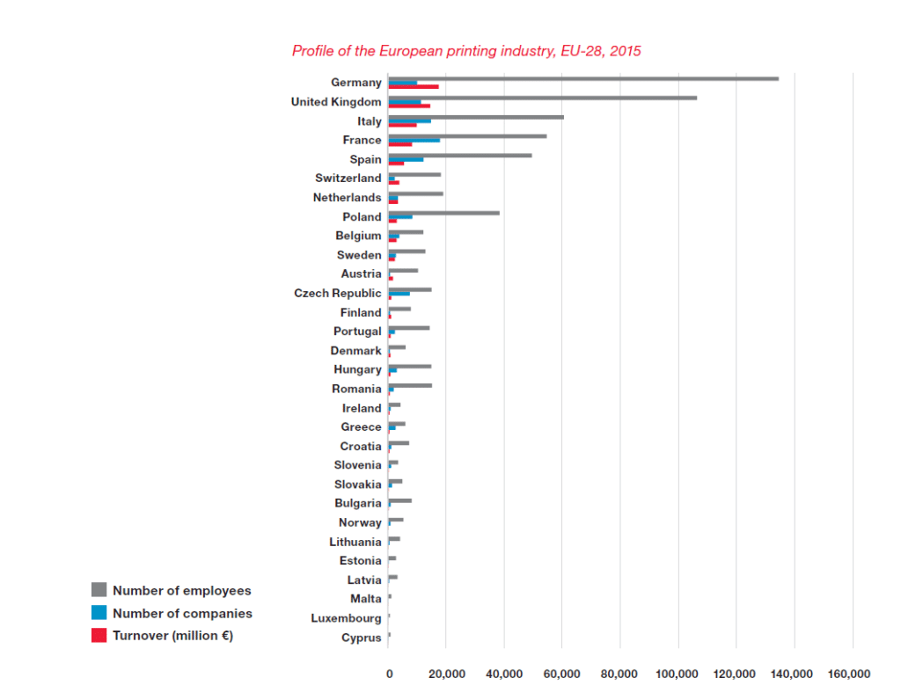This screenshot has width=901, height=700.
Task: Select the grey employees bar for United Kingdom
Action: [x=543, y=98]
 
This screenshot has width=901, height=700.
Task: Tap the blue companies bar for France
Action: [x=414, y=140]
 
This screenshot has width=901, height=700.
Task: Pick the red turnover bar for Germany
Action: [x=414, y=86]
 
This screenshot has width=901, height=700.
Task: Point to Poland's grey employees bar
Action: [x=444, y=213]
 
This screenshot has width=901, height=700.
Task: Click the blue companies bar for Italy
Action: [x=410, y=120]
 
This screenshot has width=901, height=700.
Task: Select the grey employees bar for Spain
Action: [x=460, y=155]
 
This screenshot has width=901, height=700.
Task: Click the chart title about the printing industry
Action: [x=466, y=51]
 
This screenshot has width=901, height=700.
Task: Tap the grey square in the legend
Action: [x=99, y=590]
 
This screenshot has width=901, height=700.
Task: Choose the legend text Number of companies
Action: [x=182, y=614]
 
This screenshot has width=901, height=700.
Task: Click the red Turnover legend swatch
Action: [x=99, y=635]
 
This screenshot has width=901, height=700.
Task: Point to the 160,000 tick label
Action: [x=849, y=674]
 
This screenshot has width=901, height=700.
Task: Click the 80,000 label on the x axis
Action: [x=620, y=674]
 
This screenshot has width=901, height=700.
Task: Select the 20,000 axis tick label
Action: [x=446, y=674]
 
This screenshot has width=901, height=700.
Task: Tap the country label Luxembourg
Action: [x=346, y=618]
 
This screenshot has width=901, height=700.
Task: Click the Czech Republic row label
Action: [x=338, y=293]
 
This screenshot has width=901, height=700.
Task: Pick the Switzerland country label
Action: [x=348, y=179]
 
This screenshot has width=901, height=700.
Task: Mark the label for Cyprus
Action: [x=362, y=638]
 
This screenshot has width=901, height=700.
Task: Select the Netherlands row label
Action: [x=348, y=198]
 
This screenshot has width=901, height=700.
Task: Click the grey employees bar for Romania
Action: [x=410, y=385]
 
